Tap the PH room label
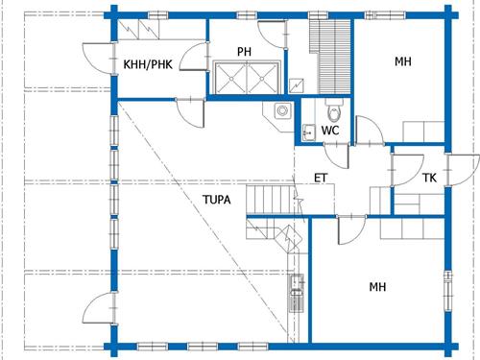[x=245, y=50]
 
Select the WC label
[x=330, y=130]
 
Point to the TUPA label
[x=216, y=201]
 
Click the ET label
[x=322, y=178]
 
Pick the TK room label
[x=429, y=178]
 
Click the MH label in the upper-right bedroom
[x=403, y=62]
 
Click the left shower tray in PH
[x=231, y=76]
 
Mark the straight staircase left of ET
[x=268, y=200]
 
